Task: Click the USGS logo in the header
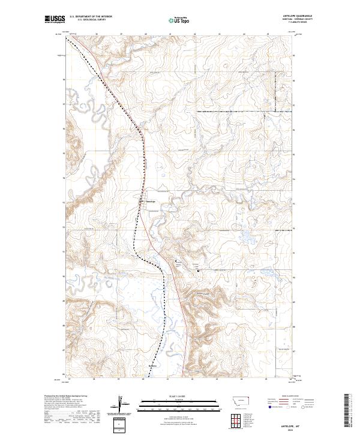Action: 55,19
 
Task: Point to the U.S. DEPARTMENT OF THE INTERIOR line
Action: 91,17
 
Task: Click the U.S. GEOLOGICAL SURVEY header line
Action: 88,20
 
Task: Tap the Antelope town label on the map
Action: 151,201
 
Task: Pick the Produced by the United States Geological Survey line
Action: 65,397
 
